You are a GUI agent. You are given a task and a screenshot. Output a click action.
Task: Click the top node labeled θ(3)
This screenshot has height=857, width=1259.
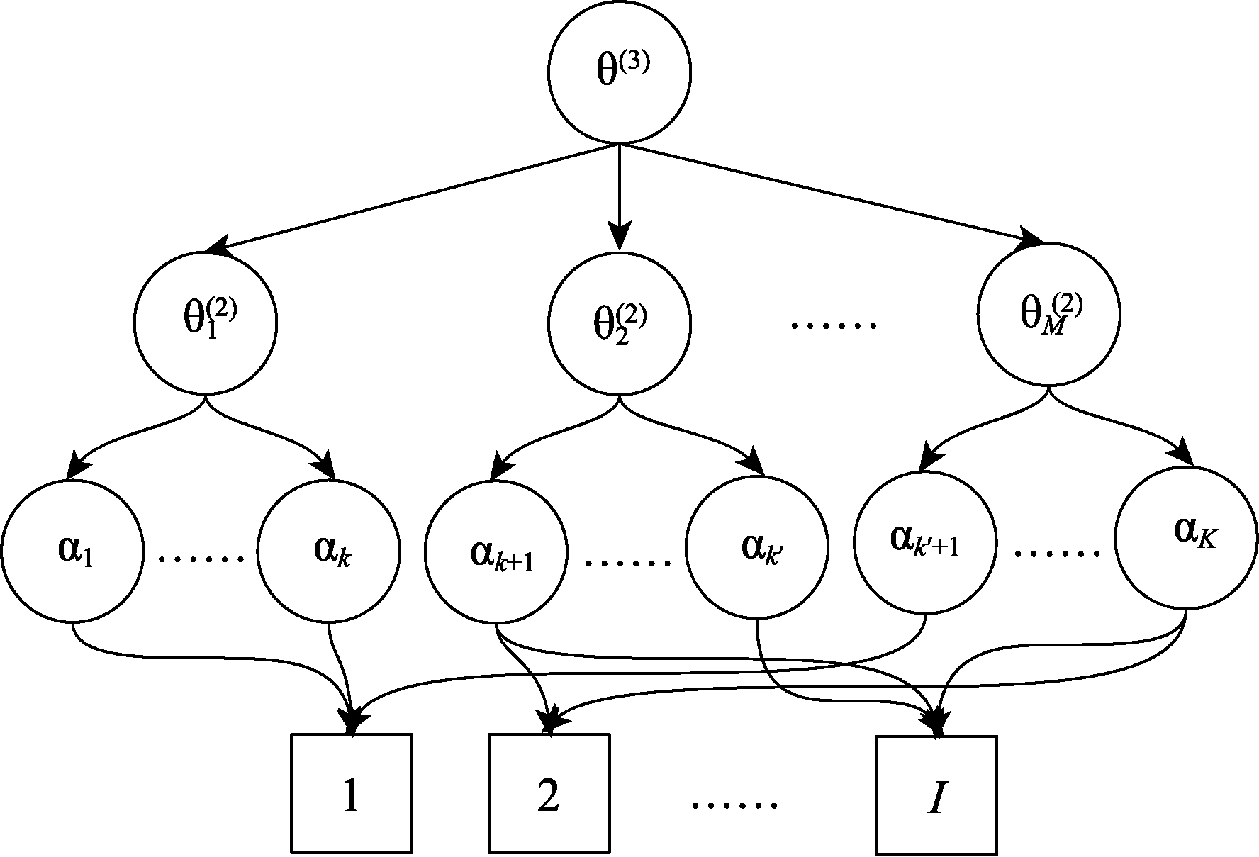point(620,73)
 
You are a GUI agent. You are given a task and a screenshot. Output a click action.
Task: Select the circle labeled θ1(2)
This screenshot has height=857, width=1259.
point(206,324)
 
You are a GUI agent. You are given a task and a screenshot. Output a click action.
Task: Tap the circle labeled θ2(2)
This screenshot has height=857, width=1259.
point(620,324)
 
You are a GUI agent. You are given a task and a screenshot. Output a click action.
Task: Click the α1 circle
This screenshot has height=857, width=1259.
point(72,551)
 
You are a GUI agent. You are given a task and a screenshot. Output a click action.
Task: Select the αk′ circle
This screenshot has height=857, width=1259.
point(757,547)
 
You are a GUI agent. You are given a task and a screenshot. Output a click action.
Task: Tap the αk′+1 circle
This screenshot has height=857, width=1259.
point(925,543)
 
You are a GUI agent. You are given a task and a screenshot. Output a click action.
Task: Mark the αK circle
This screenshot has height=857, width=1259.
point(1187,537)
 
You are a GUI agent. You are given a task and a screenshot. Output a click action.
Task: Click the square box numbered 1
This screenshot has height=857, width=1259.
point(352,793)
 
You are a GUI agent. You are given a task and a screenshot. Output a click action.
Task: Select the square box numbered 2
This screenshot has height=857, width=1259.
point(549,793)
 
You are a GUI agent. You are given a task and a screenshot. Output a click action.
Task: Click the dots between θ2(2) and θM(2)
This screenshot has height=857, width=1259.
point(834,325)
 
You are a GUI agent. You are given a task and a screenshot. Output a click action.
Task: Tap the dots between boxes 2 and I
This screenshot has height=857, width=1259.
point(734,805)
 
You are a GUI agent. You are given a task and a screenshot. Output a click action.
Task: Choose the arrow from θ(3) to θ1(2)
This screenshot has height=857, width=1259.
point(411,198)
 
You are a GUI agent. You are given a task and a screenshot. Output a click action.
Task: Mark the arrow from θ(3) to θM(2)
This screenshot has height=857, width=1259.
point(829,194)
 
